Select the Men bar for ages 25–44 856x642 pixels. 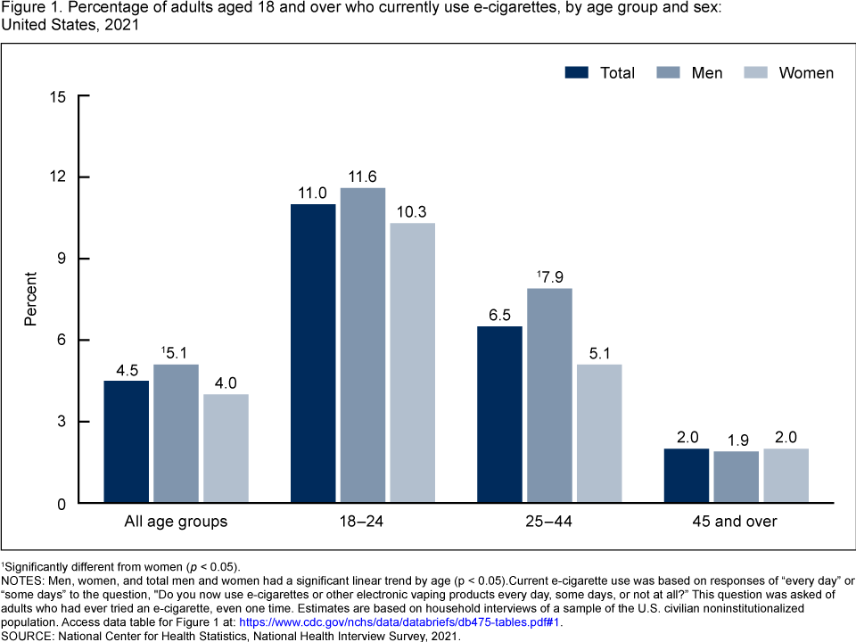[x=549, y=396]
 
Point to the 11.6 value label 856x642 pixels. [x=363, y=176]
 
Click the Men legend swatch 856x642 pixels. [x=671, y=72]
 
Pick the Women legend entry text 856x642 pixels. [x=806, y=73]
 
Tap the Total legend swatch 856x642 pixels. [x=578, y=72]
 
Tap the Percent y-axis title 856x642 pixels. [x=31, y=299]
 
